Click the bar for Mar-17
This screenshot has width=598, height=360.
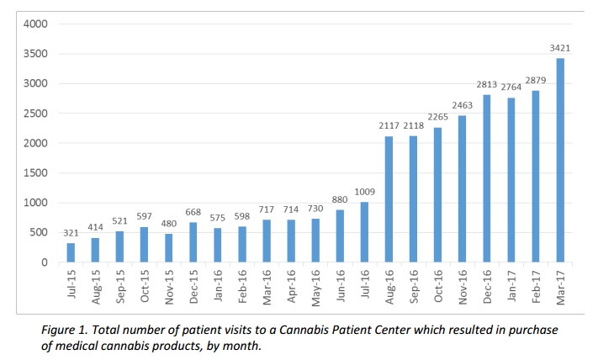pyautogui.click(x=559, y=161)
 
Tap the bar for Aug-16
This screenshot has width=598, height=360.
pyautogui.click(x=389, y=199)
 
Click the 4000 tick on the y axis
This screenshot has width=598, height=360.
pyautogui.click(x=35, y=24)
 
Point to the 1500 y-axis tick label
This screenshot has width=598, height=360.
pyautogui.click(x=35, y=173)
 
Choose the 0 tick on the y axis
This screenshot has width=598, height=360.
pyautogui.click(x=44, y=262)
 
